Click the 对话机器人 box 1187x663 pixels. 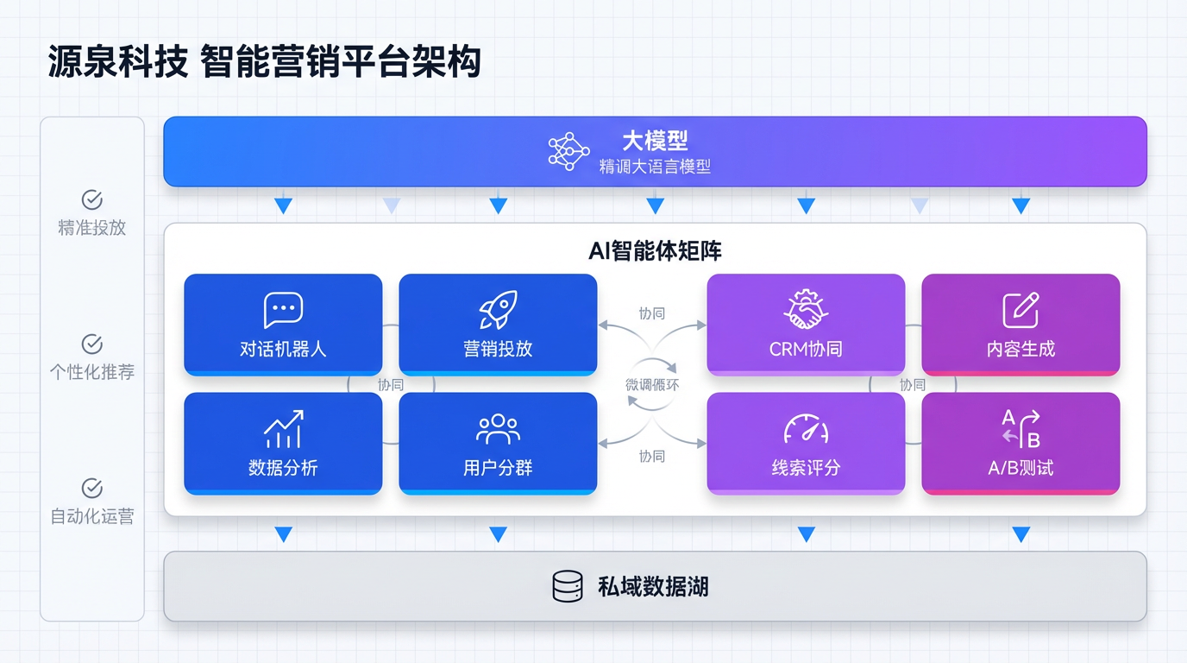283,325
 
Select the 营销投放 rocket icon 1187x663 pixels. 498,310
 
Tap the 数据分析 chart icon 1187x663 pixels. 283,429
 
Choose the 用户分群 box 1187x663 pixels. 498,443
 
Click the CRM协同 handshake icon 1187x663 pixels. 806,310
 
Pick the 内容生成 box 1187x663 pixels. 1021,325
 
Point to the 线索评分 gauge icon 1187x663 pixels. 806,429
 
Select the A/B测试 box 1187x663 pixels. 1021,443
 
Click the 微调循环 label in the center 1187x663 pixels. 652,385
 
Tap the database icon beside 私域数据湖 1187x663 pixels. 567,587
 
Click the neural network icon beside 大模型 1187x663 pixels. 568,151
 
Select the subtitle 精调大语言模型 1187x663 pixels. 655,167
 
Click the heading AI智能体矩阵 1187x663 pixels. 655,251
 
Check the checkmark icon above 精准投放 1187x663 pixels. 92,200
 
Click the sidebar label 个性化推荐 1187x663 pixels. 92,372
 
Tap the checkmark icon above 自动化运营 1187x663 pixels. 92,489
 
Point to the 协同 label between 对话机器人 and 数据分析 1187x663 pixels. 391,385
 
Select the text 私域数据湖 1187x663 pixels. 653,587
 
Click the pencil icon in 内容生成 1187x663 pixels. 1021,310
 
